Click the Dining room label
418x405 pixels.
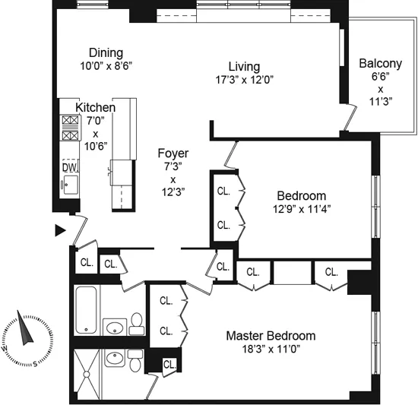point(106,52)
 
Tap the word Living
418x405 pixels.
point(244,66)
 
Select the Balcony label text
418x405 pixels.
point(380,63)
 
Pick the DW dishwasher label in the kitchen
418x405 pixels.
point(69,167)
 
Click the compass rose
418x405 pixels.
point(24,337)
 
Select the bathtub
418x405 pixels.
point(87,310)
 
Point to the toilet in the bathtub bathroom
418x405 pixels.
point(137,324)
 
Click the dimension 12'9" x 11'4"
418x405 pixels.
point(302,208)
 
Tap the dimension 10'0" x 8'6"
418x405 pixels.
point(106,65)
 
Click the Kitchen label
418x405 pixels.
point(95,108)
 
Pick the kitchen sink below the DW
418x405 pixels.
point(69,184)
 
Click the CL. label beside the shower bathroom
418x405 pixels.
point(169,365)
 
